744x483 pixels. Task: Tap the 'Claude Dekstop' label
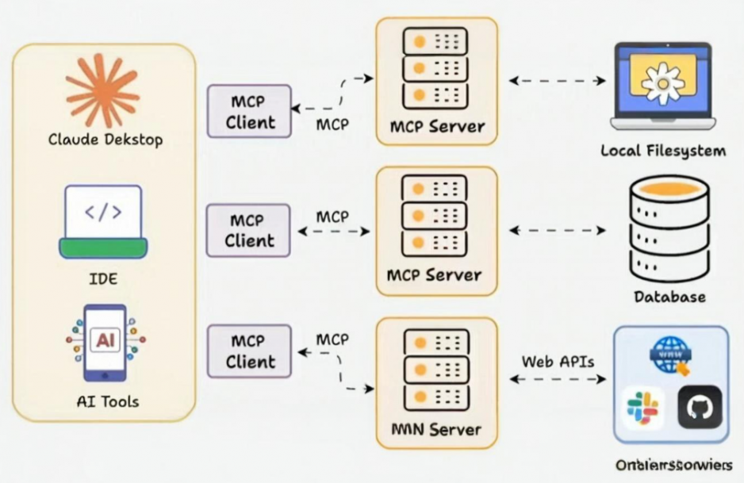pyautogui.click(x=105, y=140)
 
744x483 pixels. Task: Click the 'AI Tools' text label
pyautogui.click(x=104, y=401)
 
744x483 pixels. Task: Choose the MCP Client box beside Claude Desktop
pyautogui.click(x=249, y=112)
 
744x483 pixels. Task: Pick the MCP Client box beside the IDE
pyautogui.click(x=249, y=230)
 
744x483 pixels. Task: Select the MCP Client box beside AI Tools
pyautogui.click(x=249, y=351)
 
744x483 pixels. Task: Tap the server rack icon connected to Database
pyautogui.click(x=435, y=215)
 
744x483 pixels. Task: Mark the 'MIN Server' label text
pyautogui.click(x=436, y=430)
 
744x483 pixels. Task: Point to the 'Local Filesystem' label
pyautogui.click(x=663, y=151)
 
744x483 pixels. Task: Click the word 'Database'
pyautogui.click(x=669, y=297)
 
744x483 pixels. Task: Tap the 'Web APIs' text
pyautogui.click(x=558, y=362)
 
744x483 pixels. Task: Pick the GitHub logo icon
pyautogui.click(x=700, y=407)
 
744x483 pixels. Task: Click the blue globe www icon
pyautogui.click(x=669, y=355)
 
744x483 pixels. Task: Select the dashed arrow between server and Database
pyautogui.click(x=557, y=230)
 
